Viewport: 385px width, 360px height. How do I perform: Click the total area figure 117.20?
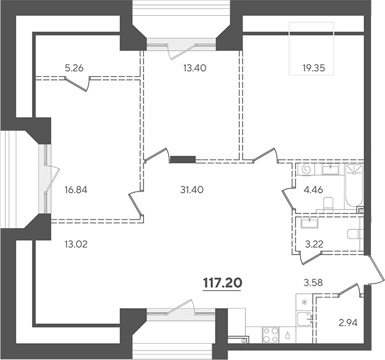[x=222, y=283]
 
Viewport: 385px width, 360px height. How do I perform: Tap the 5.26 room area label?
[x=74, y=68]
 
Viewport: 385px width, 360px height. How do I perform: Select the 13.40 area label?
[x=195, y=68]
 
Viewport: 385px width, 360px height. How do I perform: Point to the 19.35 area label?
[x=314, y=68]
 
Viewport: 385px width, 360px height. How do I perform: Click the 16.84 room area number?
[x=76, y=190]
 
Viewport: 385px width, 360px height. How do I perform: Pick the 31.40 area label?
[x=192, y=190]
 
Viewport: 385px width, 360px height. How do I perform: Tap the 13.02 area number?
[x=76, y=245]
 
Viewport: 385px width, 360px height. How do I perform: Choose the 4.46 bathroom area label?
[x=314, y=190]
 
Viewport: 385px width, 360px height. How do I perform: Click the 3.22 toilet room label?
[x=314, y=245]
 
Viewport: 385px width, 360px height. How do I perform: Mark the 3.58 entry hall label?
[x=314, y=283]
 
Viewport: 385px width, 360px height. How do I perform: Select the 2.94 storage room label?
[x=348, y=323]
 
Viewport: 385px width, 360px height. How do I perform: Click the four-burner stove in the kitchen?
[x=270, y=335]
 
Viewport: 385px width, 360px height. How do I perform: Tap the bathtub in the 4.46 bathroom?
[x=354, y=185]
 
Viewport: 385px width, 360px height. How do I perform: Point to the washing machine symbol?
[x=306, y=170]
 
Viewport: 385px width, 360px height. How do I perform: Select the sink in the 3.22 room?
[x=310, y=223]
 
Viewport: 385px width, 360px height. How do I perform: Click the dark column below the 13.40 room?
[x=183, y=159]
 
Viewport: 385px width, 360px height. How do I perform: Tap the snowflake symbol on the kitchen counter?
[x=305, y=302]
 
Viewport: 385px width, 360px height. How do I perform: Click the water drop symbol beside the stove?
[x=288, y=335]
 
